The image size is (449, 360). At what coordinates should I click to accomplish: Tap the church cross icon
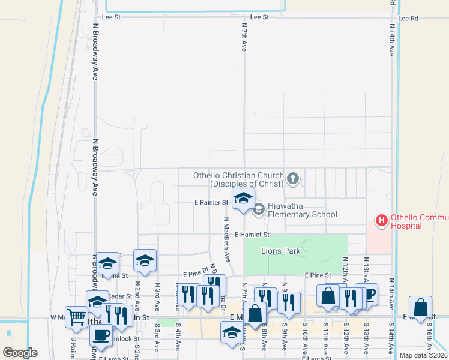tap(293, 178)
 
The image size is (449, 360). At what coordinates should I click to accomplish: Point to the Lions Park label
tap(280, 251)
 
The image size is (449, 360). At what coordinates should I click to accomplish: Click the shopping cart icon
tap(76, 316)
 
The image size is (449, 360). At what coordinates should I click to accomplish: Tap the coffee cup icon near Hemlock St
tap(101, 334)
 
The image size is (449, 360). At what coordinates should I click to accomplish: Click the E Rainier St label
tap(211, 203)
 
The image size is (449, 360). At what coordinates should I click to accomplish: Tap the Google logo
tap(20, 353)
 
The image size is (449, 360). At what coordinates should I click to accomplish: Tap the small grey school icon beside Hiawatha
tap(259, 209)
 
